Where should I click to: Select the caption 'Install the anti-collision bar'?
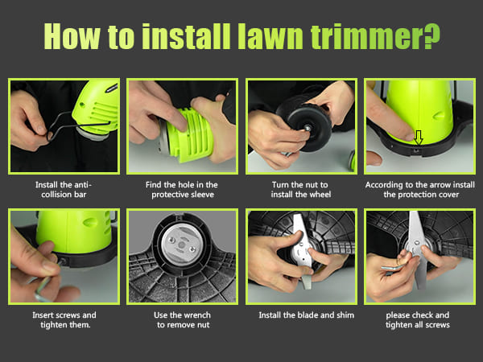pos(64,190)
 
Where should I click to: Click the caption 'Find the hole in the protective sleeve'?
pos(182,190)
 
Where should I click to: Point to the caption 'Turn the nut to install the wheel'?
pos(300,190)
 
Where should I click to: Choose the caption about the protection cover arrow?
pos(420,190)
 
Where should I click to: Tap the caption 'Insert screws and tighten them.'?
pos(64,320)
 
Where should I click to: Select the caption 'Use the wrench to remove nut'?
pos(183,320)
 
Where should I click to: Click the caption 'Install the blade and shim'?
pos(306,315)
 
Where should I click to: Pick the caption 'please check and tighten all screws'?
pos(418,320)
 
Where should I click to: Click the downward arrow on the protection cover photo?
pos(418,138)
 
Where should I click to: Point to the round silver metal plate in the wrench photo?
pos(182,244)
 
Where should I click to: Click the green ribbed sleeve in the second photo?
pos(190,135)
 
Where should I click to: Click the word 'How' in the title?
pos(72,36)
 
